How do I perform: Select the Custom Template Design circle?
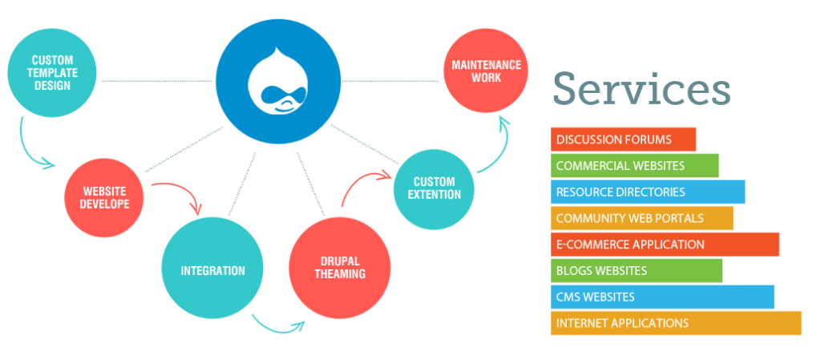53,73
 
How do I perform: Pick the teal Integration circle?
212,270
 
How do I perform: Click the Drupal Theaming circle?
339,268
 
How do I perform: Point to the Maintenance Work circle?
486,71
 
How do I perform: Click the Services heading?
641,88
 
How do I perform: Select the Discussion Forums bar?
623,140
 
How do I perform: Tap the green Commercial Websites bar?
634,166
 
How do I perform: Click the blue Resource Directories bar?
647,192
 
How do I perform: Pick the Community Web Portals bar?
641,218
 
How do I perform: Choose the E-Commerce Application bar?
665,245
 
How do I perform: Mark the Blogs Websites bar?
636,271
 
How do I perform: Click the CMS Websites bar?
662,297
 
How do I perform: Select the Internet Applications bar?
676,323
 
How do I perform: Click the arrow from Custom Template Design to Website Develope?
32,148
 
